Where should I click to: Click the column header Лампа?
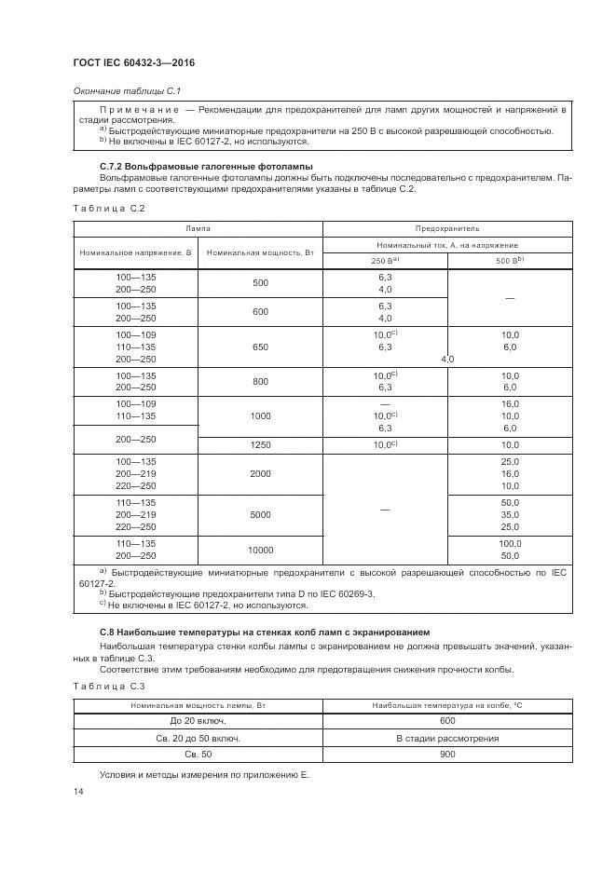click(x=197, y=226)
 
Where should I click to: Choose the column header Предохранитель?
click(x=446, y=226)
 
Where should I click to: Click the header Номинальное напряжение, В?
click(x=135, y=252)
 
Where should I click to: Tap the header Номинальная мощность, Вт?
click(x=259, y=252)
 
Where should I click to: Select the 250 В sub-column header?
click(x=385, y=260)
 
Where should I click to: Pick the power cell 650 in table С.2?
click(x=260, y=347)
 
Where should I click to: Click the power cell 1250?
click(x=260, y=445)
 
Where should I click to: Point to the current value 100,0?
click(x=509, y=543)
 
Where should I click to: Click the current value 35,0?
click(x=509, y=514)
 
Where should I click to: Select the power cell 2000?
click(x=260, y=473)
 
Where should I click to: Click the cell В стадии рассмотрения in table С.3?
click(x=446, y=738)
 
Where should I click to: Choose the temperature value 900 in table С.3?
click(x=446, y=755)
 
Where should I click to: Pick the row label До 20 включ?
click(x=198, y=720)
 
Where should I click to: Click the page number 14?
click(x=77, y=791)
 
